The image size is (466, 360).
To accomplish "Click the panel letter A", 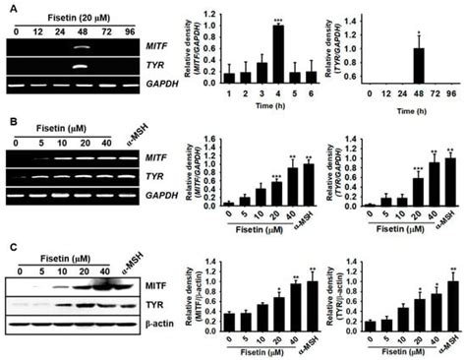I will [7, 9].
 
